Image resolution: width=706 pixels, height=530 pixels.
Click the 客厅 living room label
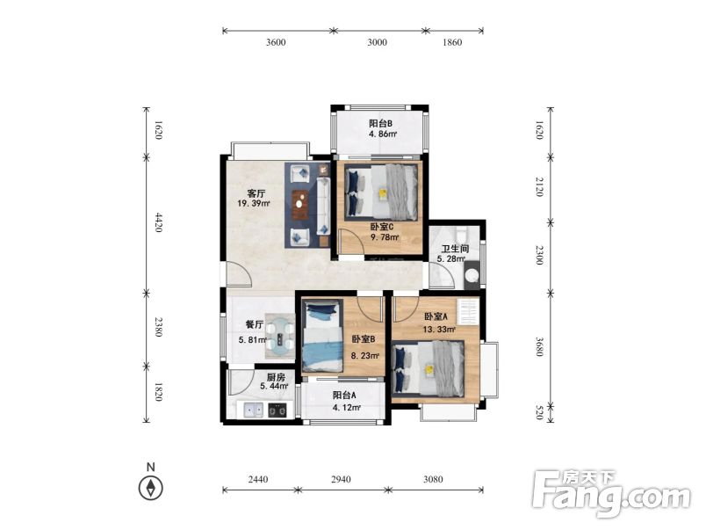[x=256, y=193]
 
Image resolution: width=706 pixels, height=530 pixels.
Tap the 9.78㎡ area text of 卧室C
[x=385, y=237]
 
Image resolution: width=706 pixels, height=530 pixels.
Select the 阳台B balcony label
[x=381, y=123]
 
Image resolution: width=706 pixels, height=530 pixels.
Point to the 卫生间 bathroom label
[x=455, y=249]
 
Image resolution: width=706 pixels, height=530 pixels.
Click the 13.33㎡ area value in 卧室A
[x=439, y=330]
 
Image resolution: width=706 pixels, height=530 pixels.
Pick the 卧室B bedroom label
[x=364, y=339]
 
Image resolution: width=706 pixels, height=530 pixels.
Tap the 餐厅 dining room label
[x=255, y=324]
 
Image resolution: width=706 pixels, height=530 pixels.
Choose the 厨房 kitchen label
[x=276, y=377]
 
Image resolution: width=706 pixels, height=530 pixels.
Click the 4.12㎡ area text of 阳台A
[x=347, y=408]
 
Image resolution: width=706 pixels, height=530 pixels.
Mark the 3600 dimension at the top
[x=276, y=42]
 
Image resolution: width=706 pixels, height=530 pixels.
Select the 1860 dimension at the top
[x=452, y=42]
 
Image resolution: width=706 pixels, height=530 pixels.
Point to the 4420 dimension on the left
[x=158, y=222]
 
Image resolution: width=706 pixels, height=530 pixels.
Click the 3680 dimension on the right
[x=539, y=346]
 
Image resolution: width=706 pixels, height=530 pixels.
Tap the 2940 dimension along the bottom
[x=341, y=480]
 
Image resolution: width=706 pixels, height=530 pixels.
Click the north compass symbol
[x=151, y=488]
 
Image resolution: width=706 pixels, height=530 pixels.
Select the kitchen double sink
[x=254, y=410]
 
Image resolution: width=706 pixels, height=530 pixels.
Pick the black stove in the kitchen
[x=277, y=410]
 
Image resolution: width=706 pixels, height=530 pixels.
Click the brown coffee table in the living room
[x=299, y=204]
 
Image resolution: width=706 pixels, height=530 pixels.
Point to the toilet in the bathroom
[x=472, y=275]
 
